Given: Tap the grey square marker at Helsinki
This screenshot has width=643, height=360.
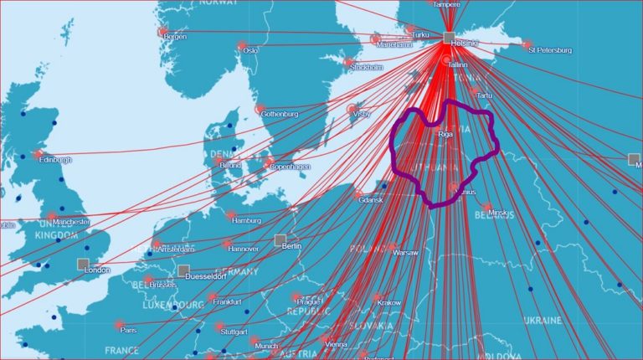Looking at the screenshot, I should click(x=449, y=37).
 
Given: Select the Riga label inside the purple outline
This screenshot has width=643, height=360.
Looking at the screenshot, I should click(x=446, y=133).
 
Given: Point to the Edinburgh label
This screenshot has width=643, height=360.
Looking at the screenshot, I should click(x=55, y=160).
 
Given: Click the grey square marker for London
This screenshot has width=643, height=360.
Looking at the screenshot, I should click(x=83, y=265).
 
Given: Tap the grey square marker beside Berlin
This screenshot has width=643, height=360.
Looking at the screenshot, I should click(x=280, y=240).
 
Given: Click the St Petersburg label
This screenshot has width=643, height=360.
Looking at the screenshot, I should click(x=551, y=50).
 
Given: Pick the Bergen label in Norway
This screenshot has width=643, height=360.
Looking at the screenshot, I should click(x=175, y=37).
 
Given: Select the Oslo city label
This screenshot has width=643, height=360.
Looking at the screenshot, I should click(x=250, y=50).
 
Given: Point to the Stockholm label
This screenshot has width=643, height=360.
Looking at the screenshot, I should click(x=367, y=67).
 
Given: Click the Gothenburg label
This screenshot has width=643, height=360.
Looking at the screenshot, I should click(x=280, y=114).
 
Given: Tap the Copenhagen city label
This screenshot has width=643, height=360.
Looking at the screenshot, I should click(x=290, y=167).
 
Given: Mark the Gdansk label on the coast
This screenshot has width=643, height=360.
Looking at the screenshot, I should click(x=370, y=201).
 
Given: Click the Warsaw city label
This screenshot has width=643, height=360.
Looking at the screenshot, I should click(x=405, y=252).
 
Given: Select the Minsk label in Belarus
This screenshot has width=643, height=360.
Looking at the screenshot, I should click(x=497, y=213).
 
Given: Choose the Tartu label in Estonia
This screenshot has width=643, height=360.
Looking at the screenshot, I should click(x=485, y=96).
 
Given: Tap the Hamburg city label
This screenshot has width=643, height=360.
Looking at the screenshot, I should click(x=247, y=221).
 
